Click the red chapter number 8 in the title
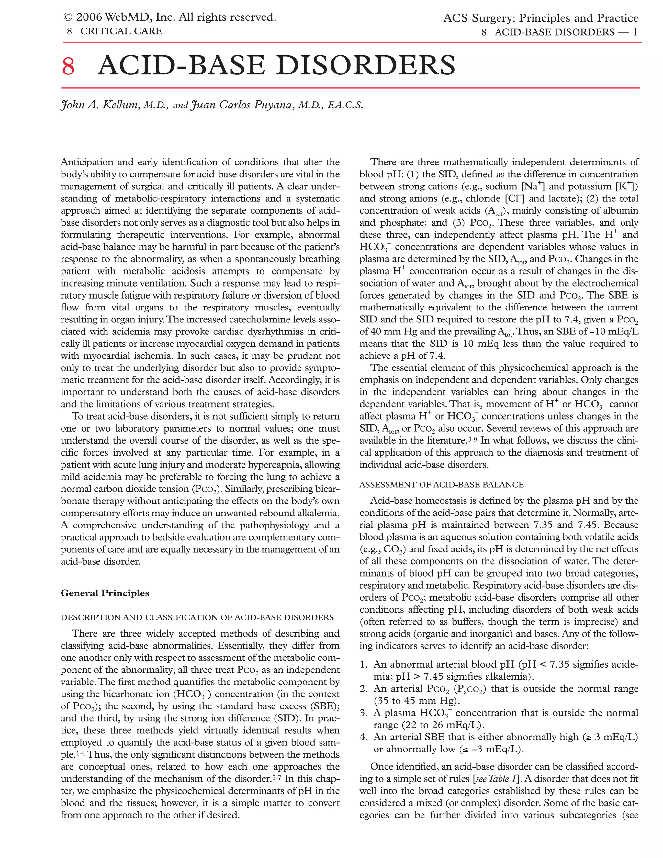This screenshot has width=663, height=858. pyautogui.click(x=68, y=66)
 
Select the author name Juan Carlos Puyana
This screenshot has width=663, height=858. pyautogui.click(x=242, y=105)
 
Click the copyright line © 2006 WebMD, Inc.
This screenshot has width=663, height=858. pyautogui.click(x=170, y=17)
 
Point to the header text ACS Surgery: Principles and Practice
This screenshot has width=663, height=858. pyautogui.click(x=540, y=18)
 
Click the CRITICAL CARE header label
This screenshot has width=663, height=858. pyautogui.click(x=121, y=31)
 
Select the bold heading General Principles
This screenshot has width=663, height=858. pyautogui.click(x=105, y=593)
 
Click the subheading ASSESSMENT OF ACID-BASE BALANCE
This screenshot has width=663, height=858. pyautogui.click(x=441, y=484)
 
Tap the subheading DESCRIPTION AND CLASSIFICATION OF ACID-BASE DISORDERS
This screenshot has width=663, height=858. pyautogui.click(x=197, y=617)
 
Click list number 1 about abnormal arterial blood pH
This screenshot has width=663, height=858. pyautogui.click(x=363, y=664)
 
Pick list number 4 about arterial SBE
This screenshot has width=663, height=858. pyautogui.click(x=363, y=737)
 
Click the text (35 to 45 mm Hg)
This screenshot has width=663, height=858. pyautogui.click(x=416, y=701)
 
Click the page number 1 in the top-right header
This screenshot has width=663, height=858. pyautogui.click(x=635, y=32)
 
